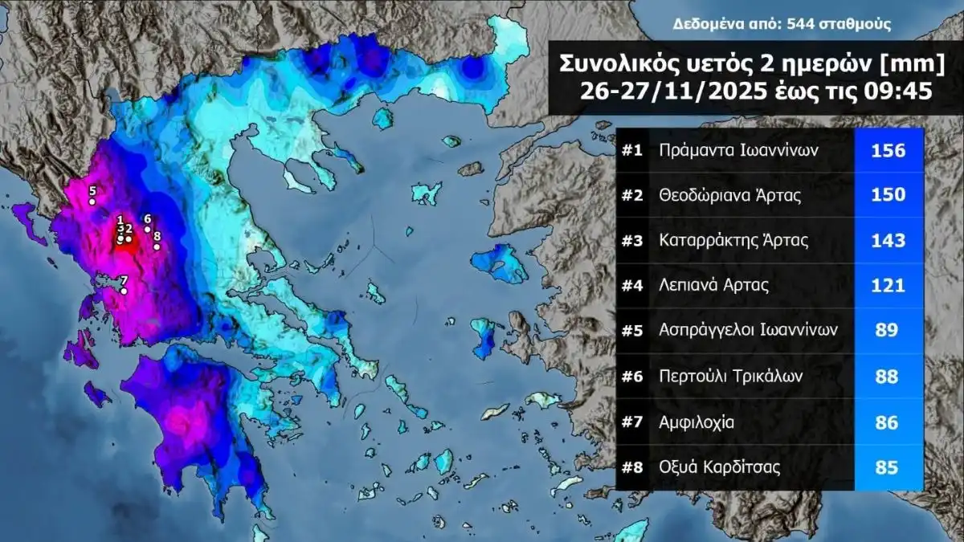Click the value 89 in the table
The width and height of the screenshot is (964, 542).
(887, 330)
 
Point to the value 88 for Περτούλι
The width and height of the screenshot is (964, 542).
(887, 376)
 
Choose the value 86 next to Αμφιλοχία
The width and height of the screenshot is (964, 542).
(887, 421)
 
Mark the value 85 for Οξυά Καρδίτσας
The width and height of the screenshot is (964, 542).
(887, 467)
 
